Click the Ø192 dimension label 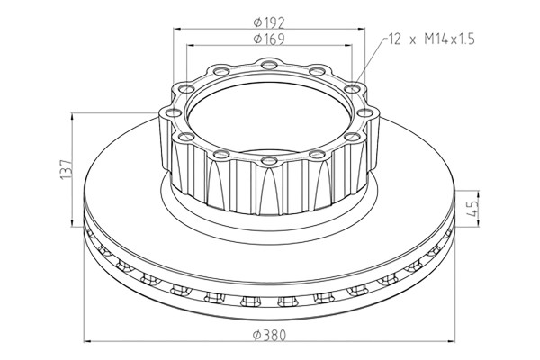269,22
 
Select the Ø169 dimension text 269,40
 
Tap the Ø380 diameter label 269,335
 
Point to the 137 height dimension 66,169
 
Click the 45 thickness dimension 473,209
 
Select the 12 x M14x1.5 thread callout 432,40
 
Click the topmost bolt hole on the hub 269,65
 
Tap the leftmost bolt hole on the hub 173,112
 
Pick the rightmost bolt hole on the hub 365,112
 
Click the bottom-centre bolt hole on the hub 269,160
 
